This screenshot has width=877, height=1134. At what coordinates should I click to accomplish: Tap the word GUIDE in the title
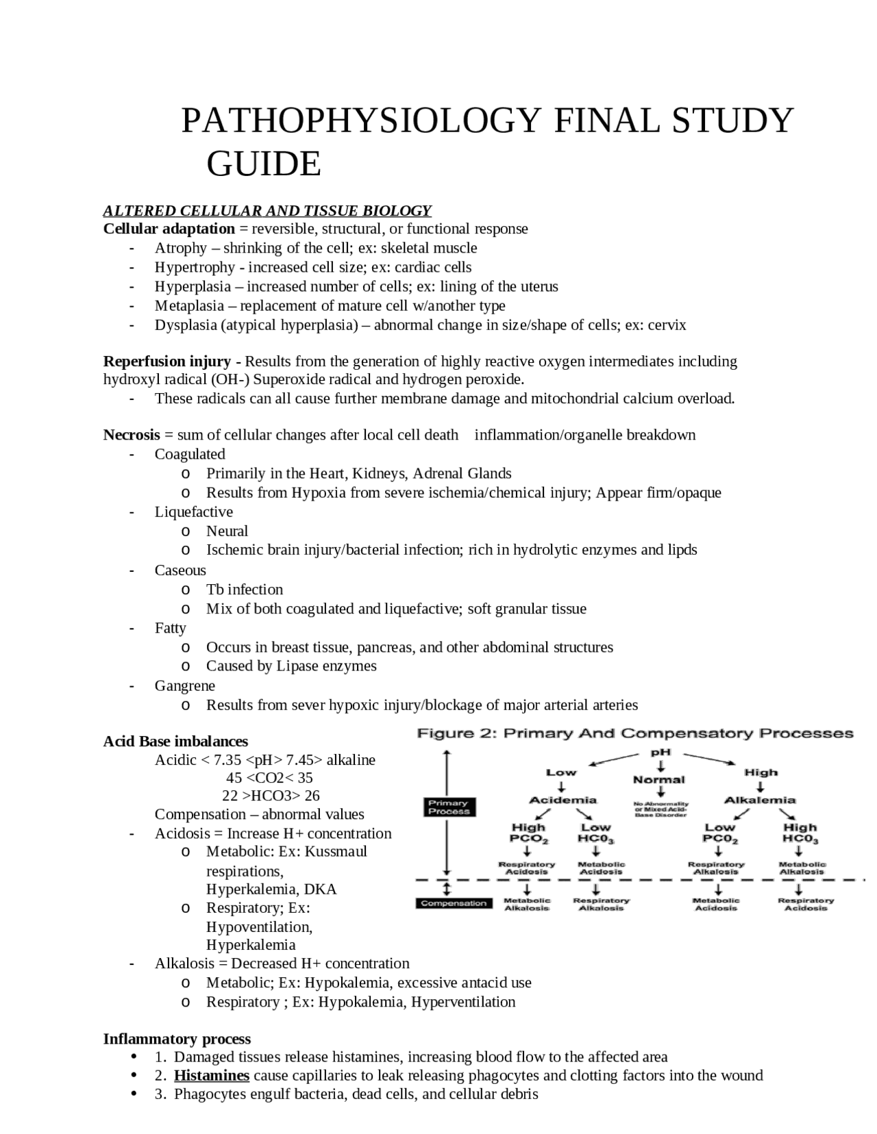pos(264,164)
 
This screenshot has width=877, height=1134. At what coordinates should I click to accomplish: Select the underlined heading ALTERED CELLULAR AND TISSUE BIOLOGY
pos(267,210)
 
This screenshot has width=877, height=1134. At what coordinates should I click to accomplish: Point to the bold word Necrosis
pos(132,435)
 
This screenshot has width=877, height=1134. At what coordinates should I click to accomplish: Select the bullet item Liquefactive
pos(193,512)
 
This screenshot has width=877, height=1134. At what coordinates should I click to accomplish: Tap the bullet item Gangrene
pos(184,685)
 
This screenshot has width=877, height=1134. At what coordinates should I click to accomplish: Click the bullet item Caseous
pos(180,570)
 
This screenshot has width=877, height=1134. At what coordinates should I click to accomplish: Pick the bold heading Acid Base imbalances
pos(175,741)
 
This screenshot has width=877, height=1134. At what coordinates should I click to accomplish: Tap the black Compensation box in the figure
pos(453,903)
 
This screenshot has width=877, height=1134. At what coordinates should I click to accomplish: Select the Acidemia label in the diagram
pos(563,800)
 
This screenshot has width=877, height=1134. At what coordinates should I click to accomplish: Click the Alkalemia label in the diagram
pos(760,800)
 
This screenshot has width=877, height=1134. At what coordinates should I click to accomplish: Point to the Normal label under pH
pos(658,779)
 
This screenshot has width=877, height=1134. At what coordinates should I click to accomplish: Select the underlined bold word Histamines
pos(211,1075)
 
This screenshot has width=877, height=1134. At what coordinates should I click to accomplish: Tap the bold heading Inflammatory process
pos(177,1039)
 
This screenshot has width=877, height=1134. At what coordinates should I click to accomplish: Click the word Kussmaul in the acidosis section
pos(336,851)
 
